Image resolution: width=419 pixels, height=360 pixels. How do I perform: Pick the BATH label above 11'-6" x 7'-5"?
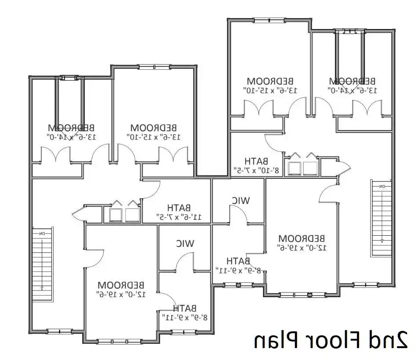(179, 208)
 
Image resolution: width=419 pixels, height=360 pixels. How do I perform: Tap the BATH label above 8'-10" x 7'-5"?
(256, 161)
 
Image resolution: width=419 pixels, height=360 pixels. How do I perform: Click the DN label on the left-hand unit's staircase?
(42, 233)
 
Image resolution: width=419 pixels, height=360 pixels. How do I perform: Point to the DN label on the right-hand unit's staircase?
(382, 186)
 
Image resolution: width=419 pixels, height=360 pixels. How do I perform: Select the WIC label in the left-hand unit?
(185, 243)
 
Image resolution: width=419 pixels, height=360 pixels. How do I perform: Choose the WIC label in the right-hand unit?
(241, 201)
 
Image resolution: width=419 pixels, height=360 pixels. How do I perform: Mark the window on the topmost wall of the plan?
(268, 19)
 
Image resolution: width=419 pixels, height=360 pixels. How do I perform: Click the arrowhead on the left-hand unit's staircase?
(42, 289)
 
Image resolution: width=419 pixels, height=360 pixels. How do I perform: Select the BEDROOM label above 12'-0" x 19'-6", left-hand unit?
(121, 284)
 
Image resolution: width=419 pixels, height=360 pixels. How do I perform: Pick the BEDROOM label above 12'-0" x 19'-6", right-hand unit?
(301, 238)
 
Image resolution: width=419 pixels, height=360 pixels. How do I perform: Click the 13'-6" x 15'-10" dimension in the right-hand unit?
(270, 90)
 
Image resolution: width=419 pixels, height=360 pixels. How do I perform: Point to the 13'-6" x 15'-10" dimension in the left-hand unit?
(154, 136)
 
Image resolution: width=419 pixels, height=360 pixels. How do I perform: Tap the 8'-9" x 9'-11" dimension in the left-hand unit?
(184, 317)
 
